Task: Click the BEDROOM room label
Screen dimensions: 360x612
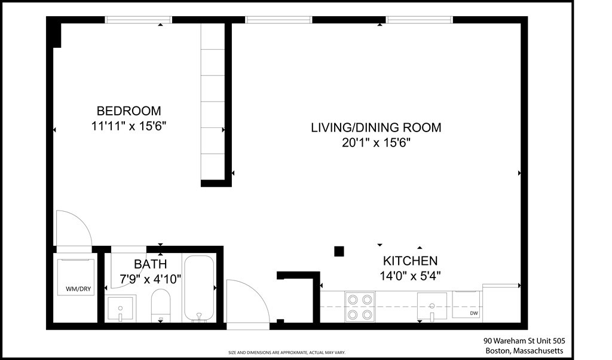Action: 128,111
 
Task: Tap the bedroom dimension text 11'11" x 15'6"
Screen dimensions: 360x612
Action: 128,126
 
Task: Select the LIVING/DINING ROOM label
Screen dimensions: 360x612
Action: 376,127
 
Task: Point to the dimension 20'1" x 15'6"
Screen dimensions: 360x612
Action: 376,143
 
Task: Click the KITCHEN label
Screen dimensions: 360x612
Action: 410,261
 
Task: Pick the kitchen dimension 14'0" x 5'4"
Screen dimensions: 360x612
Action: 410,276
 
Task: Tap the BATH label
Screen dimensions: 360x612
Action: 150,264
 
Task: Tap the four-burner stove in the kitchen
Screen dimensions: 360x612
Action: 360,306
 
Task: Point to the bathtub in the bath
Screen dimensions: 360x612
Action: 198,289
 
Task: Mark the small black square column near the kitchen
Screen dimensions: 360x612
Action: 339,251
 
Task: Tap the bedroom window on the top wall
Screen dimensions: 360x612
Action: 139,20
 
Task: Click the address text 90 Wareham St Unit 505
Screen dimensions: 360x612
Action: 524,340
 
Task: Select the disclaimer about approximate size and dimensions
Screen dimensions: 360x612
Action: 287,352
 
